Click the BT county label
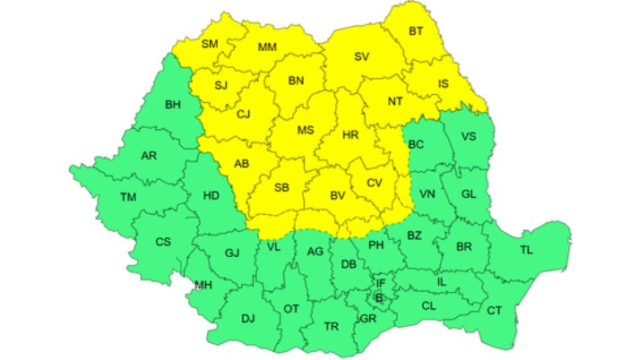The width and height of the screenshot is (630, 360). (x=416, y=31)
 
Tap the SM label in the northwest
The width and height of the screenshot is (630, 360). (x=210, y=44)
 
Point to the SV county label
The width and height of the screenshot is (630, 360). (x=361, y=56)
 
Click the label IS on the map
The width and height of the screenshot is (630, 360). (x=444, y=85)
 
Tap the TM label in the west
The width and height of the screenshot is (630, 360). (x=129, y=197)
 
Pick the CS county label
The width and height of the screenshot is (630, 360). (x=163, y=242)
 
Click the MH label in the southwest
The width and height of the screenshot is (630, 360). (x=203, y=286)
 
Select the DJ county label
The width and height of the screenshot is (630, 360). (x=248, y=318)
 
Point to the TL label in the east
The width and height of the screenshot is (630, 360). (x=526, y=250)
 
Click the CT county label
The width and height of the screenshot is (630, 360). (x=494, y=310)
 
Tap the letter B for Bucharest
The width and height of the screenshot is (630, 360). (x=379, y=297)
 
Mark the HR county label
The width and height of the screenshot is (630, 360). (x=351, y=137)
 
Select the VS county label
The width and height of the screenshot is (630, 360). (x=469, y=137)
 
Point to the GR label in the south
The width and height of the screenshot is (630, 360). (x=367, y=318)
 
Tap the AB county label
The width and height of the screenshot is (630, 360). (x=241, y=164)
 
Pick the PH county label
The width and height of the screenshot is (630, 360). (x=376, y=244)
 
